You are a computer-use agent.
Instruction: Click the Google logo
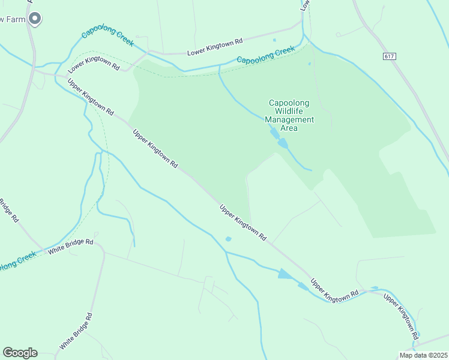20,353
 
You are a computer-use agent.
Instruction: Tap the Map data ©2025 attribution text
424,355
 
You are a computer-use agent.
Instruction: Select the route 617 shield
390,56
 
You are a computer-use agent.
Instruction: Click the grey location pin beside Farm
35,19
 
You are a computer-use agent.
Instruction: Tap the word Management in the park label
289,119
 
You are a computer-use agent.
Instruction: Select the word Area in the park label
289,128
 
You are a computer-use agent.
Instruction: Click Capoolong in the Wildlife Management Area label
289,103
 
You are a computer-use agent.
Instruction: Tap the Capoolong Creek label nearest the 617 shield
266,56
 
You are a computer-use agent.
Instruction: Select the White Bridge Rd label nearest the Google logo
76,332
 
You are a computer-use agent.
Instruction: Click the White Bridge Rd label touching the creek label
71,246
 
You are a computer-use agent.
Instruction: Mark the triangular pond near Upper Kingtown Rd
286,274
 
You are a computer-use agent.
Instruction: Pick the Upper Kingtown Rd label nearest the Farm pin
90,97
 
